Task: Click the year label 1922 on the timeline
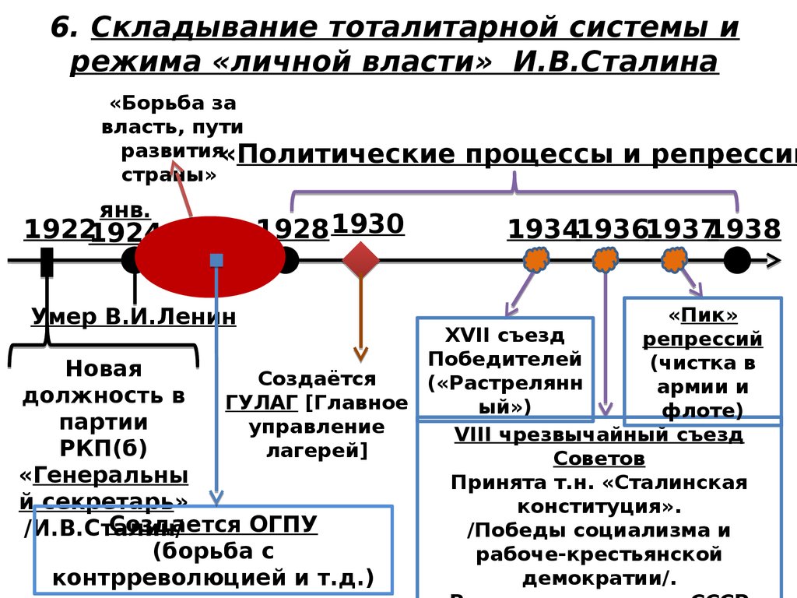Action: [58, 230]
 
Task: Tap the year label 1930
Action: [367, 224]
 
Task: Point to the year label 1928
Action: [294, 230]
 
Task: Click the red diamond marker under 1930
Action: [360, 260]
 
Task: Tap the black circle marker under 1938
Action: [737, 260]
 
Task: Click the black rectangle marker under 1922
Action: [47, 262]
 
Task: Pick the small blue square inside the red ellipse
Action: [216, 260]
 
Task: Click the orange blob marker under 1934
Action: [536, 259]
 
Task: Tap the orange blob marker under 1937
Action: [675, 259]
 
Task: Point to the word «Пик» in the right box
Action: [702, 315]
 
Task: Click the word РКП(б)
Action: [103, 449]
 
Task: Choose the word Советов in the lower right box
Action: [599, 458]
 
